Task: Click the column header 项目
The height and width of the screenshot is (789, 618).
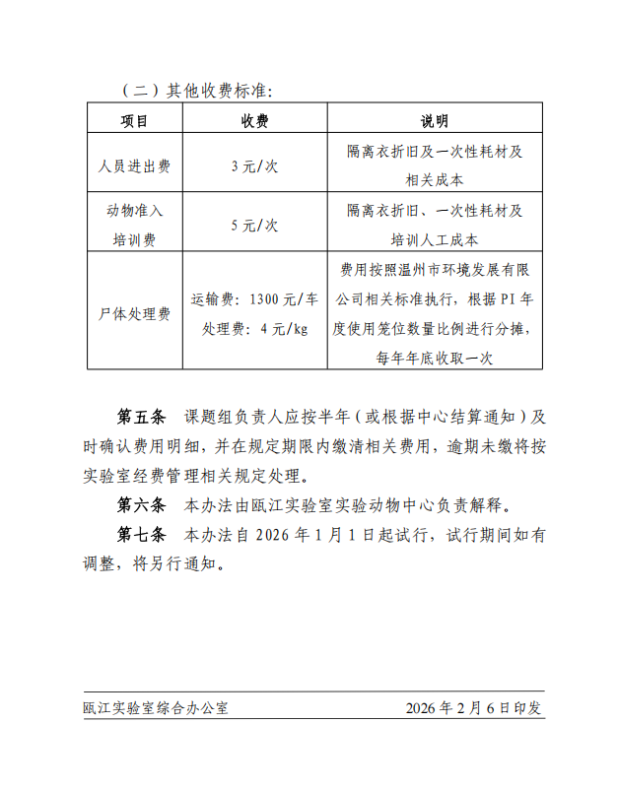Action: [x=135, y=121]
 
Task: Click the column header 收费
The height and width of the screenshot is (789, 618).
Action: [x=255, y=121]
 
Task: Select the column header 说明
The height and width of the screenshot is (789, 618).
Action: [x=434, y=121]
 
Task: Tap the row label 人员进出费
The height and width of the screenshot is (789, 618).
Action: [x=135, y=166]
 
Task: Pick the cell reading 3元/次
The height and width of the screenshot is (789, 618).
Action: [x=255, y=166]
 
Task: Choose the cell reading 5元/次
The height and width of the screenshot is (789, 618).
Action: [x=255, y=226]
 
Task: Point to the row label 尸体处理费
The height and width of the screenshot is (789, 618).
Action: [x=135, y=314]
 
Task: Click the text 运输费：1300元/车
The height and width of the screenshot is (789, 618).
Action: [x=255, y=299]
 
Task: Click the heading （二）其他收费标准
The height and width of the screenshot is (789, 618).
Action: [x=197, y=91]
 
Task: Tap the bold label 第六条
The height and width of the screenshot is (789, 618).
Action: [x=143, y=506]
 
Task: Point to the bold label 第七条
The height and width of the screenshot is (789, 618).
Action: [x=143, y=537]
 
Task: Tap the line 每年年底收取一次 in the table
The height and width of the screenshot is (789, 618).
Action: [x=434, y=358]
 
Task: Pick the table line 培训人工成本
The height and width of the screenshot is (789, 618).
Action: [x=434, y=239]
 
